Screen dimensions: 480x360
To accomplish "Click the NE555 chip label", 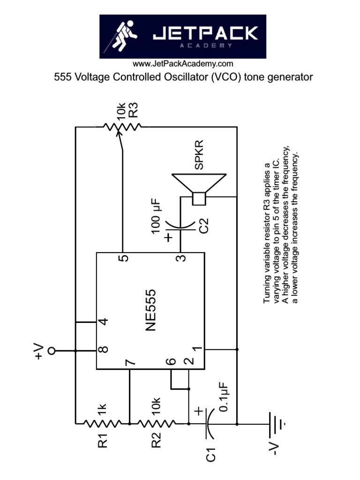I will pyautogui.click(x=150, y=310).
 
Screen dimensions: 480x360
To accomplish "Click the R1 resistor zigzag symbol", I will pyautogui.click(x=102, y=423).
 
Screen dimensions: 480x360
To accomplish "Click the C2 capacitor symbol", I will pyautogui.click(x=180, y=226).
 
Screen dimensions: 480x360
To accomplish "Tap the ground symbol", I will pyautogui.click(x=277, y=423).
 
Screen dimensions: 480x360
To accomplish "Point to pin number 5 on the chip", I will pyautogui.click(x=123, y=259).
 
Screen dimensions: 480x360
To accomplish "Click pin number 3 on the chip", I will pyautogui.click(x=180, y=259).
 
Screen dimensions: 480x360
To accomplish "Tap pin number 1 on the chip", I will pyautogui.click(x=197, y=350).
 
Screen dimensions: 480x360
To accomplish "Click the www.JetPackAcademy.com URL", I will pyautogui.click(x=183, y=64).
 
